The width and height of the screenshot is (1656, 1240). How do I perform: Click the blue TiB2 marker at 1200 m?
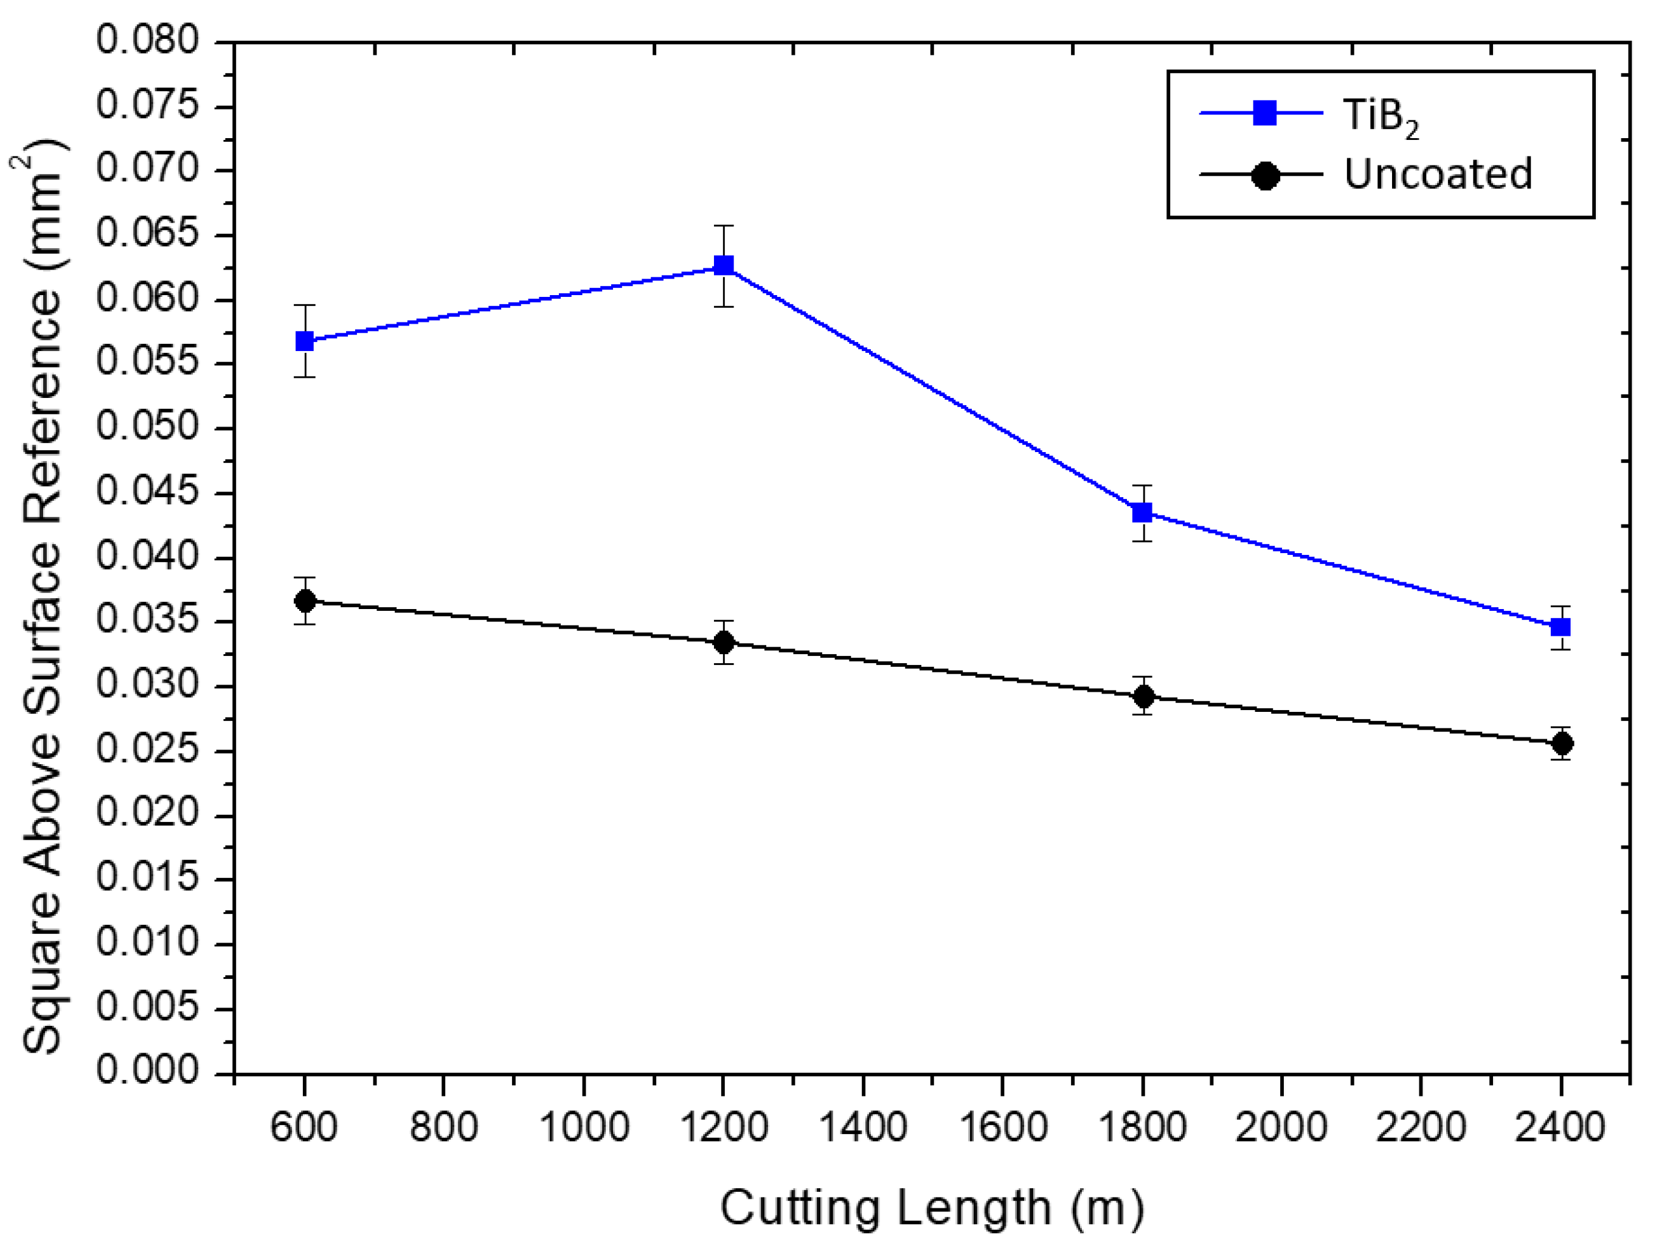[723, 265]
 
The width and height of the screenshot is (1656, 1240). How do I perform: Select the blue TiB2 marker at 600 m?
[305, 341]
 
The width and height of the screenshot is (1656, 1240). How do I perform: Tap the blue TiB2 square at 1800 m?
[1142, 513]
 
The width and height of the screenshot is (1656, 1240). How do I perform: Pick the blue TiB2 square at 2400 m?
[1560, 627]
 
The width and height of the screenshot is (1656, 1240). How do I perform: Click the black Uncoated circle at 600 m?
[305, 601]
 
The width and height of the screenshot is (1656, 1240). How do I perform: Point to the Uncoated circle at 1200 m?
[723, 642]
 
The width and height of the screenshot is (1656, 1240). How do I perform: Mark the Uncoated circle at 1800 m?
[1143, 697]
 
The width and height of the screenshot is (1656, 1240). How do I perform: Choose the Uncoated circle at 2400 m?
[1562, 744]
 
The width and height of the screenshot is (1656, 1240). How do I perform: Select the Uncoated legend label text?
[1438, 175]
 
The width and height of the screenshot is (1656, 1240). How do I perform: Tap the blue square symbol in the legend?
[1264, 113]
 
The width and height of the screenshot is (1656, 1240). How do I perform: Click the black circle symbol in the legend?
[1264, 176]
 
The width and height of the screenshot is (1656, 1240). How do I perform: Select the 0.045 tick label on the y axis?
[148, 493]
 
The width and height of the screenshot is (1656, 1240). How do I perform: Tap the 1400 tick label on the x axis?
[862, 1127]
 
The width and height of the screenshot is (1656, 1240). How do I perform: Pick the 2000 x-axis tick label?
[1281, 1127]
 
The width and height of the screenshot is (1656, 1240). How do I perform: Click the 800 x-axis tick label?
[443, 1127]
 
